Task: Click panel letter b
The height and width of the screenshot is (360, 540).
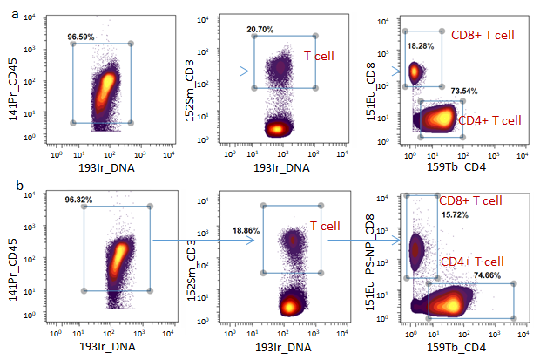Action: pos(7,185)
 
